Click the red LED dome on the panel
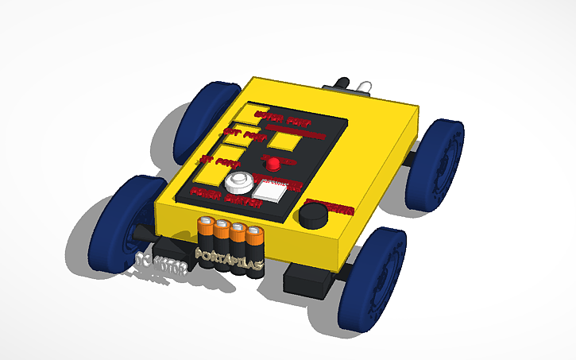coord(273,164)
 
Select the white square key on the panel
coord(269,191)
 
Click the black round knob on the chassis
coord(315,215)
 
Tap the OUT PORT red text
coord(242,135)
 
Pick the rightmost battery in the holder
coord(253,246)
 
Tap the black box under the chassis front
coord(308,281)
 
